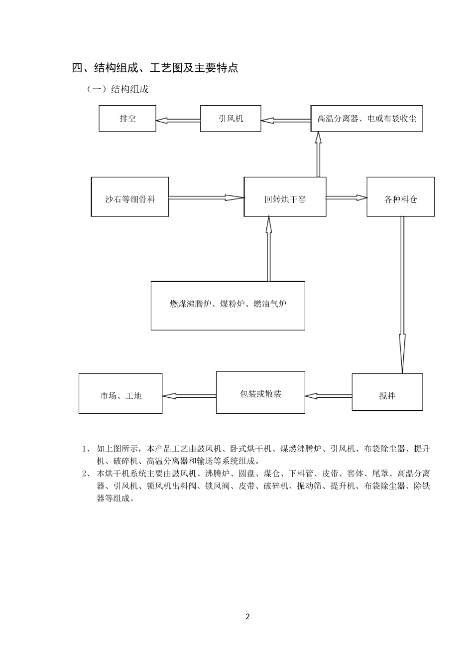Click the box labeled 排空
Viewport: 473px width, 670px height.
127,119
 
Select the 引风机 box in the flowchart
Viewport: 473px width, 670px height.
231,119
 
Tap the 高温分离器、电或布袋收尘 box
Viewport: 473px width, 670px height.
367,119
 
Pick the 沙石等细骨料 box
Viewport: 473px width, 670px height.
130,197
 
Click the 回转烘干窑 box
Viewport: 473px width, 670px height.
285,197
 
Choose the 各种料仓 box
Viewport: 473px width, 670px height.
400,197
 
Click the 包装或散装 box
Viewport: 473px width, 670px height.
260,392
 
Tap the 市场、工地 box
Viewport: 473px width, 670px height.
120,394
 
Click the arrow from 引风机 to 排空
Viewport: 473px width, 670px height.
178,120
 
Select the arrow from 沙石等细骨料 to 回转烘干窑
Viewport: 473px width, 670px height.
207,197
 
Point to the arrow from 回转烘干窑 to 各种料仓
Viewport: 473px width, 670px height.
347,197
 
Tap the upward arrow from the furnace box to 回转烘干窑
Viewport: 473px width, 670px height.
269,249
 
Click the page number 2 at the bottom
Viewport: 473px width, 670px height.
247,617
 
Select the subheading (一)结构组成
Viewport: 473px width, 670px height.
118,89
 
